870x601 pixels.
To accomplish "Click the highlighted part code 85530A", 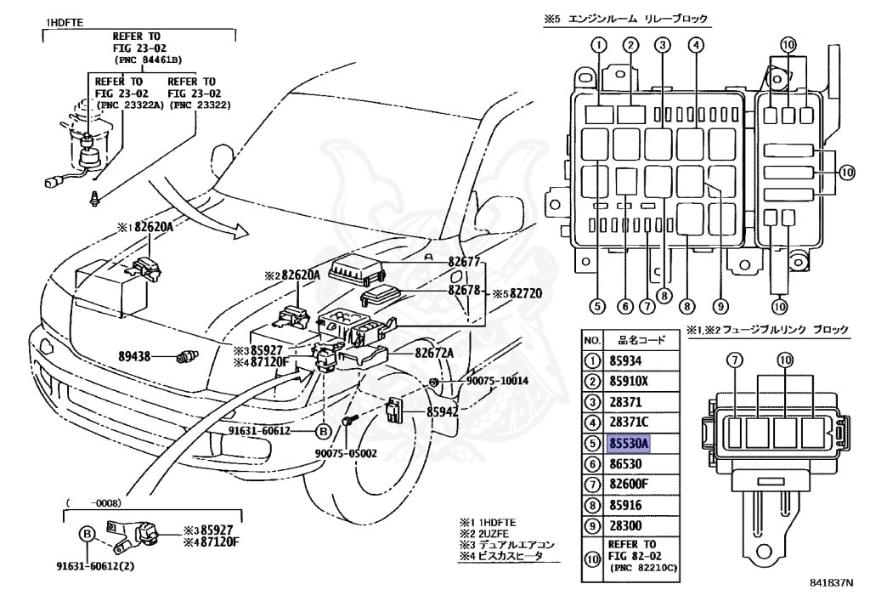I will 629,444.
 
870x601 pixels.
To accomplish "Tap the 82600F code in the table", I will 630,484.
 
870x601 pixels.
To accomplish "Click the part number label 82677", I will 465,263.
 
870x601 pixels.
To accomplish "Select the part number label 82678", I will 465,289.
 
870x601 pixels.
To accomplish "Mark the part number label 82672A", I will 435,352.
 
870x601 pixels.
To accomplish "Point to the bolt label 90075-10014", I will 497,380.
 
